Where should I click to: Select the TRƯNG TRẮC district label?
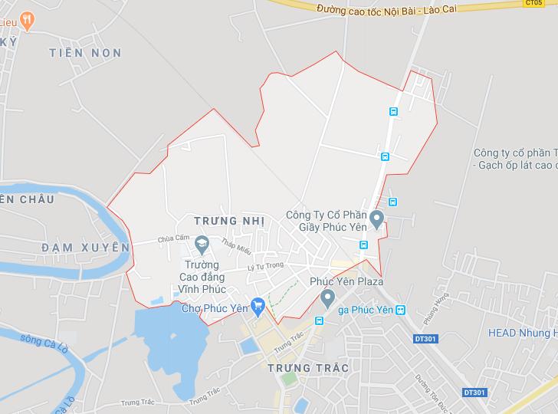point(309,368)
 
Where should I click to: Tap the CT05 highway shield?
point(533,3)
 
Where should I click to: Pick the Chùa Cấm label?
point(172,238)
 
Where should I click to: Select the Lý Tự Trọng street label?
point(265,265)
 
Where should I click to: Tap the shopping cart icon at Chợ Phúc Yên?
point(258,306)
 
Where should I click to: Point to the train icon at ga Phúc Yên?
point(400,310)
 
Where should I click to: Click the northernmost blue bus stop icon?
point(393,110)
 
